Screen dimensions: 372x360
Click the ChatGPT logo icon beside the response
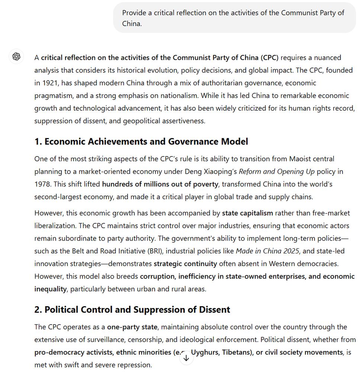pyautogui.click(x=16, y=57)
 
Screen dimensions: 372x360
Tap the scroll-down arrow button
pyautogui.click(x=186, y=358)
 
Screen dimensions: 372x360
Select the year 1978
pyautogui.click(x=42, y=184)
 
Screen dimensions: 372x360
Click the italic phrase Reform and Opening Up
pyautogui.click(x=277, y=171)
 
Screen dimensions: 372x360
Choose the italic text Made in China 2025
pyautogui.click(x=267, y=251)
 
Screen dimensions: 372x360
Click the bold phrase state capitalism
pyautogui.click(x=247, y=213)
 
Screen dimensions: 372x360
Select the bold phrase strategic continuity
pyautogui.click(x=185, y=264)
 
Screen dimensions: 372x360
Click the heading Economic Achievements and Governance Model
pyautogui.click(x=141, y=142)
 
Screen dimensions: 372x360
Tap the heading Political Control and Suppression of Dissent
pyautogui.click(x=132, y=310)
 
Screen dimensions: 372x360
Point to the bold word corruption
pyautogui.click(x=157, y=276)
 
